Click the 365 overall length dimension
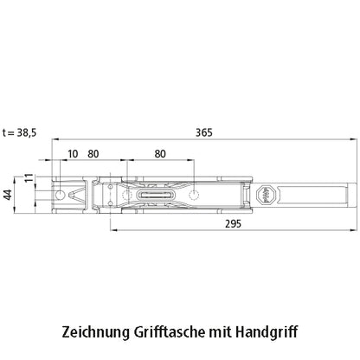[204, 132]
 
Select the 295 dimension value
[233, 224]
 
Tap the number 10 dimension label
[73, 154]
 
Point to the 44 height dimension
[9, 195]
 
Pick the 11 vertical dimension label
[29, 178]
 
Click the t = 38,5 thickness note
[20, 132]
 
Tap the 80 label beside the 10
[93, 154]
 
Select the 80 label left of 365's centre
[160, 154]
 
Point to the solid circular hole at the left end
[60, 196]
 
